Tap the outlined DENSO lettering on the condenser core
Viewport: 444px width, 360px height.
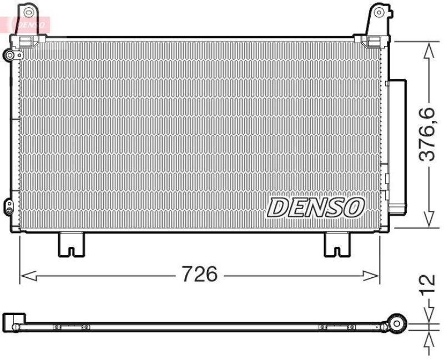click(x=315, y=207)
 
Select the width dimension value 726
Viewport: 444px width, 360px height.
click(x=200, y=273)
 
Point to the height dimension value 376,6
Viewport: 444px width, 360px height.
click(x=427, y=135)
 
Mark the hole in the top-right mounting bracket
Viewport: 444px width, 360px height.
click(x=379, y=12)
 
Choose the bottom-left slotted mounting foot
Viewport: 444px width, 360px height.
click(x=72, y=245)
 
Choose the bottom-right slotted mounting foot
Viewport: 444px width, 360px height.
click(x=337, y=245)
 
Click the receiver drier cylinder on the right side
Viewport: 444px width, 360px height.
click(x=397, y=147)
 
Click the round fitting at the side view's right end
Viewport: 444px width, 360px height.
click(x=398, y=323)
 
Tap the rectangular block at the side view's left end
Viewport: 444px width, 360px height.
click(x=13, y=322)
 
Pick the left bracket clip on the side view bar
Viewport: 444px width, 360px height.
click(x=72, y=327)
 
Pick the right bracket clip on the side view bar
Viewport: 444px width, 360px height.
click(x=337, y=327)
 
